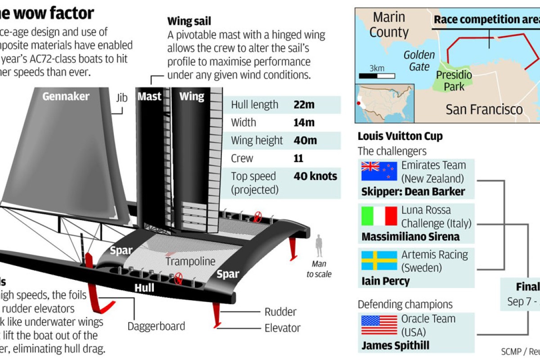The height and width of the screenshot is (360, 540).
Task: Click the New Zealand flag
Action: [x=379, y=171]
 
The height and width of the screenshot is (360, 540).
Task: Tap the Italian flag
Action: [x=379, y=216]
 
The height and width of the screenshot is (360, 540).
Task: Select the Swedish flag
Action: [x=379, y=261]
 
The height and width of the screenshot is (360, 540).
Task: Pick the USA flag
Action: [x=379, y=325]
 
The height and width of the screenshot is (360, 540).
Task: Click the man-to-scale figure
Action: [x=319, y=246]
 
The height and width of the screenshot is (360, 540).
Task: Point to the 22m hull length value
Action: [x=304, y=105]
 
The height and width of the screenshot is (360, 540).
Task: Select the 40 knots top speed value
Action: [x=315, y=176]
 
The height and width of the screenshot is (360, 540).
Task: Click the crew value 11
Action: [x=298, y=158]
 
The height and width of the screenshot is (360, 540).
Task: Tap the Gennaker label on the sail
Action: [x=66, y=96]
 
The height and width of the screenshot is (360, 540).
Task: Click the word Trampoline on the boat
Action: [x=190, y=261]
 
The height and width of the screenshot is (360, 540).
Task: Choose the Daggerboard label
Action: [x=156, y=326]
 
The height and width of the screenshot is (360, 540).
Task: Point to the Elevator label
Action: [x=283, y=328]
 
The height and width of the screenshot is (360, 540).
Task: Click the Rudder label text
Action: [x=280, y=312]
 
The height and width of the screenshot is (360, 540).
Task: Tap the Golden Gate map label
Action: [x=419, y=61]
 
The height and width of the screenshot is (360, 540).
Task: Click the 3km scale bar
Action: [x=373, y=76]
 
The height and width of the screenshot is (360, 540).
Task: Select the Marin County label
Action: [x=389, y=25]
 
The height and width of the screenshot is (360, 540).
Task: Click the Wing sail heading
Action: [x=189, y=21]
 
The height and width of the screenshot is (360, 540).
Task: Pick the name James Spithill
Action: [x=395, y=346]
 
